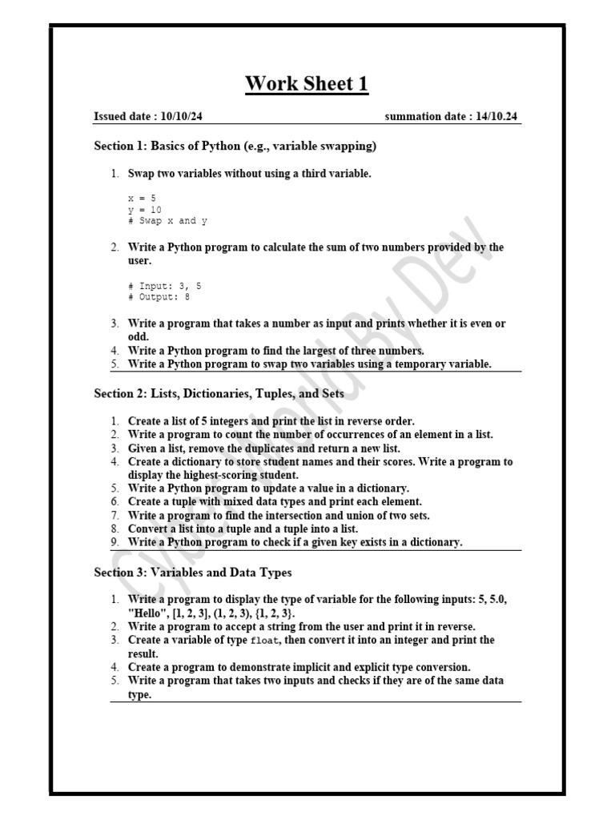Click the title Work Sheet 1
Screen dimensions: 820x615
(307, 83)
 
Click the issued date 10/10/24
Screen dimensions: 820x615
(181, 117)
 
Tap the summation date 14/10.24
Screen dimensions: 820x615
(496, 117)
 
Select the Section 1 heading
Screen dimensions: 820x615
(235, 146)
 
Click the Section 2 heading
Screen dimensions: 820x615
(219, 393)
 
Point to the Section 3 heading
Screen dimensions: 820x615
(193, 573)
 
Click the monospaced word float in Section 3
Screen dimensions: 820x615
(263, 641)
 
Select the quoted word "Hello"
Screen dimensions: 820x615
(147, 613)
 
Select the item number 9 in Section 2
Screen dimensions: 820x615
(115, 543)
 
